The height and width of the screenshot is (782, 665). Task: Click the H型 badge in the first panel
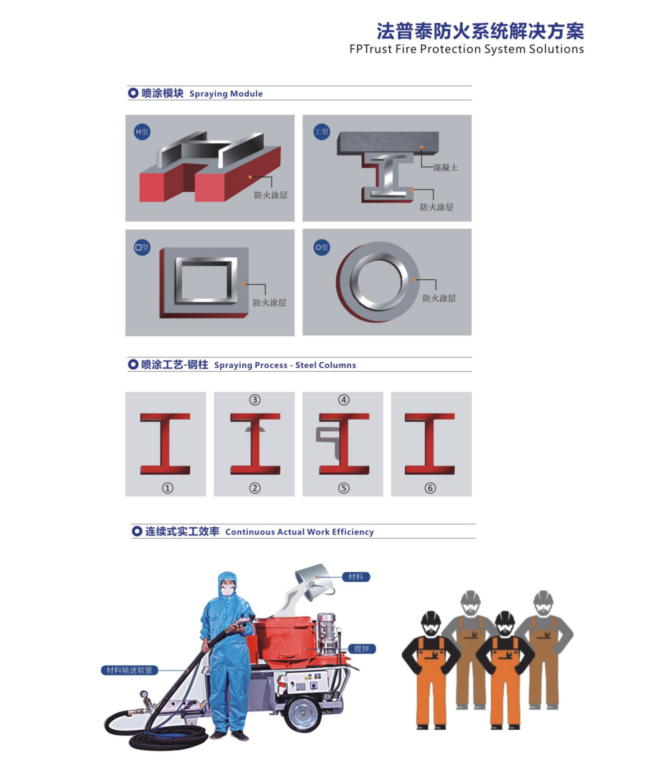[142, 132]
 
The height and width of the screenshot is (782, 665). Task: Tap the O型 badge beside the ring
[322, 247]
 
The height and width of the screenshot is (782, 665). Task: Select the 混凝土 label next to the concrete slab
[445, 168]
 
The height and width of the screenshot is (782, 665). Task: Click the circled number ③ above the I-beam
[255, 400]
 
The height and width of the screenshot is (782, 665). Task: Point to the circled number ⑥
[430, 488]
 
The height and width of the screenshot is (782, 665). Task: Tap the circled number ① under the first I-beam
[168, 488]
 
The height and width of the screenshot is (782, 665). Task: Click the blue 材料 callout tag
[356, 577]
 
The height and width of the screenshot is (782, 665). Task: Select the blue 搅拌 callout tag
[362, 649]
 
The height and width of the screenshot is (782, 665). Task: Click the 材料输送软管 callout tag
[129, 670]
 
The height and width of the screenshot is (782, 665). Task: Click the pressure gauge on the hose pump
[144, 694]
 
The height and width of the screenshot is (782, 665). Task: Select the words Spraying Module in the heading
[226, 94]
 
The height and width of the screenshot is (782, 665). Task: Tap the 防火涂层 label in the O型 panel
[439, 298]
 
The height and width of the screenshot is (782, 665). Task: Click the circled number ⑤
[344, 488]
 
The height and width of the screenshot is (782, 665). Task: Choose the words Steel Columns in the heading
[326, 365]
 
